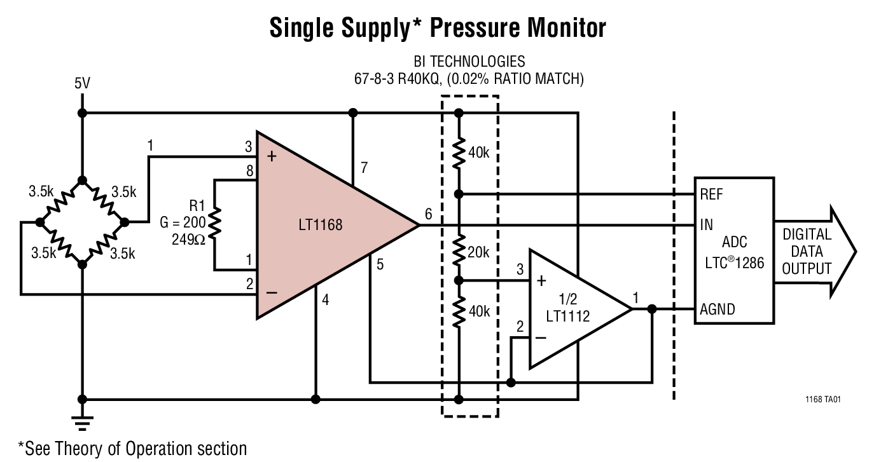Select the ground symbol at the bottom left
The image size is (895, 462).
(81, 422)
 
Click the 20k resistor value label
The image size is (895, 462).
(477, 252)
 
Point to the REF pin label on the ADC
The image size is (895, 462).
(711, 194)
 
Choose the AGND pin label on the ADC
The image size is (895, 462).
(717, 309)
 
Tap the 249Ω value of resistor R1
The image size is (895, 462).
(188, 240)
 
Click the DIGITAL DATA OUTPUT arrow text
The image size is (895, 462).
(806, 252)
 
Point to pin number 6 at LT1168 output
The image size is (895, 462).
(428, 214)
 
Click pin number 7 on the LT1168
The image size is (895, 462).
(364, 168)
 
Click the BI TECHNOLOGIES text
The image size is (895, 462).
(469, 62)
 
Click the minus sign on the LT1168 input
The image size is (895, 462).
(272, 293)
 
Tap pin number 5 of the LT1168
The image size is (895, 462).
(379, 266)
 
